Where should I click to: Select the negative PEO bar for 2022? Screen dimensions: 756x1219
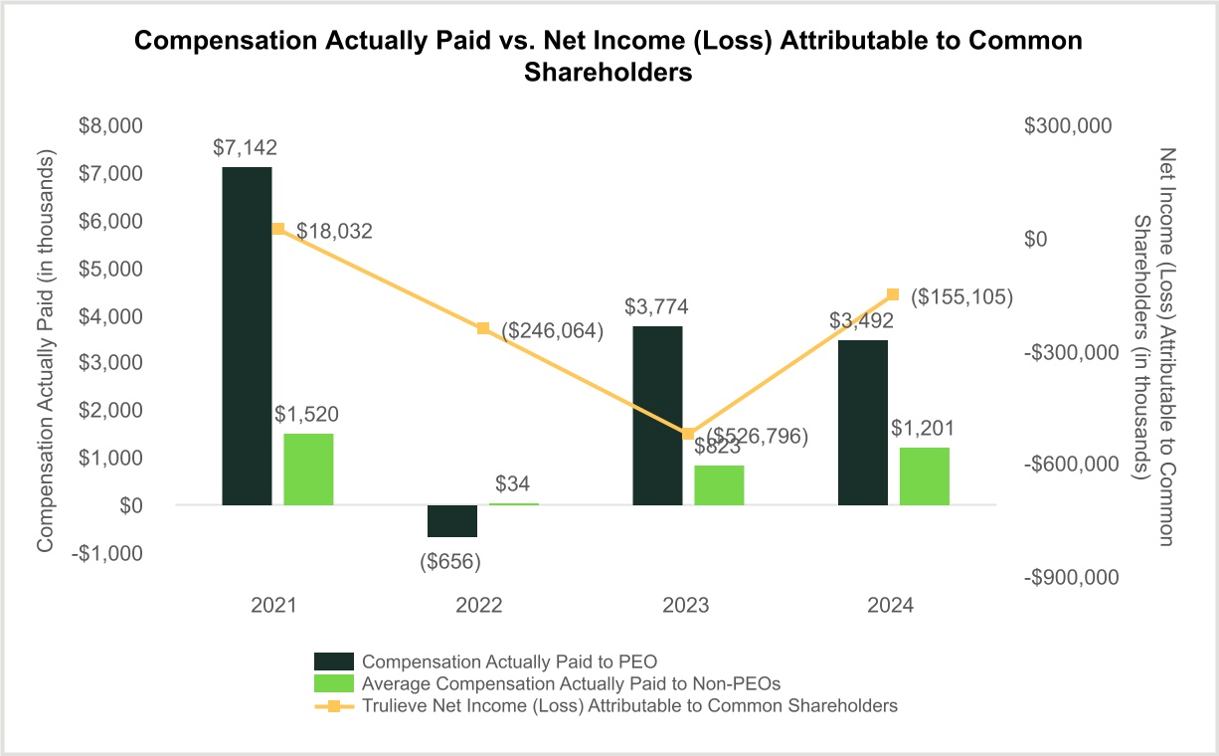click(452, 521)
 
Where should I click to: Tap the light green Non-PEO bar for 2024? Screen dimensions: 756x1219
click(924, 476)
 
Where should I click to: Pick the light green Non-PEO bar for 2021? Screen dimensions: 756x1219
click(308, 470)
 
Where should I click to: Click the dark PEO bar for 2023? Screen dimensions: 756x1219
click(657, 416)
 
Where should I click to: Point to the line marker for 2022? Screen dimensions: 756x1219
click(483, 328)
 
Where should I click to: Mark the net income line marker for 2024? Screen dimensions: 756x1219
click(893, 294)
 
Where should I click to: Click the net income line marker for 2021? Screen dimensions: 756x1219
click(278, 229)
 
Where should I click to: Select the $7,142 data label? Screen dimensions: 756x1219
click(245, 147)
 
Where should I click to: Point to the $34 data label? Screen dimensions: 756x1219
click(513, 484)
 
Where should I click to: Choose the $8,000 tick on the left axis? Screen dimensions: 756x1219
click(110, 126)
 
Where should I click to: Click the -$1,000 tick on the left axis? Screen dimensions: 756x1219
click(110, 553)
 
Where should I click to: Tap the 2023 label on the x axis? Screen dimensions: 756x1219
click(687, 606)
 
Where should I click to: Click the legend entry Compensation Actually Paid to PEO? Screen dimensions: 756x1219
click(509, 661)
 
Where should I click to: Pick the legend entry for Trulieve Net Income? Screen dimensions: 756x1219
click(630, 705)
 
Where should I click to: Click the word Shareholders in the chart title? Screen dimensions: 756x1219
click(608, 75)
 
